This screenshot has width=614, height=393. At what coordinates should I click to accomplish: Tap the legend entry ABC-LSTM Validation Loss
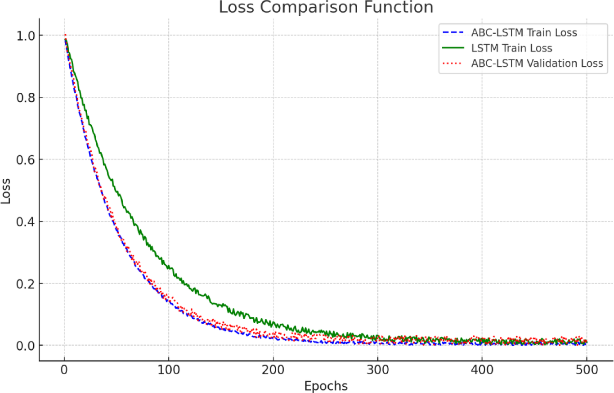point(537,63)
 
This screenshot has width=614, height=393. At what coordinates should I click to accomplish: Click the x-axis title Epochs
point(326,386)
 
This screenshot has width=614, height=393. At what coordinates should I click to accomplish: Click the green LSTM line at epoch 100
point(168,267)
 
